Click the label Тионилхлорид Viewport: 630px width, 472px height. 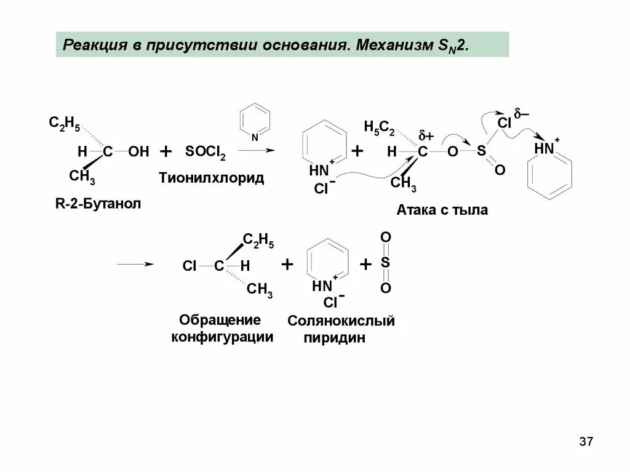coord(212,178)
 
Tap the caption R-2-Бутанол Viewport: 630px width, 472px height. coord(98,204)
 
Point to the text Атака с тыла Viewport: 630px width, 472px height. coord(442,210)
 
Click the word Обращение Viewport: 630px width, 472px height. coord(211,321)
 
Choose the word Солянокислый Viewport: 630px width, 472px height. coord(341,321)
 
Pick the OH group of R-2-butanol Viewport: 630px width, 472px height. coord(139,152)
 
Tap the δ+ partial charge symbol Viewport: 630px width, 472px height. coord(426,135)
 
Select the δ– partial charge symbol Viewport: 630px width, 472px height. coord(522,114)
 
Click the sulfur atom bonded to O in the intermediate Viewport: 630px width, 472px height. coord(482,151)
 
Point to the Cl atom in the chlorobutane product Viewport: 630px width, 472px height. coord(189,266)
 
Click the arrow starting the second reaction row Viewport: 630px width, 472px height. coord(135,265)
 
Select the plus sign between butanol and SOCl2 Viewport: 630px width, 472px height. coord(165,151)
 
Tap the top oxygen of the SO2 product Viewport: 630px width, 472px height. coord(385,238)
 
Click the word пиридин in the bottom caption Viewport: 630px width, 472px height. coord(335,338)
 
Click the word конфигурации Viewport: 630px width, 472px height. coord(222,337)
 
